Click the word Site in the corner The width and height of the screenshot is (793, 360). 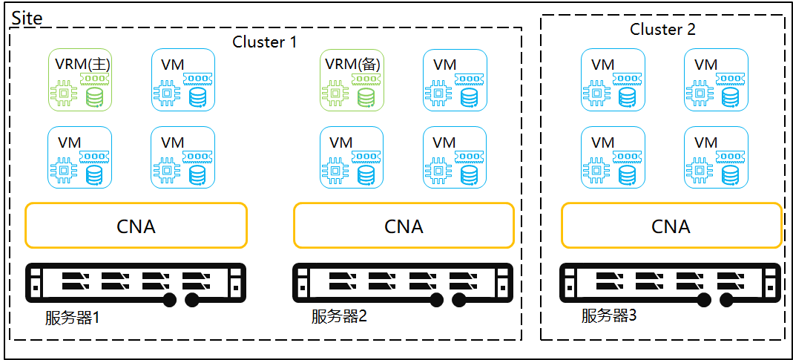(x=27, y=18)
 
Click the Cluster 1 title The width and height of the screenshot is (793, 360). (x=264, y=42)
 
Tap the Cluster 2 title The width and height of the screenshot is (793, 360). (x=662, y=30)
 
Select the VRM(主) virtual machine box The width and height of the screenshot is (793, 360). (x=80, y=80)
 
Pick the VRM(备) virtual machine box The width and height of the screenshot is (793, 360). (x=352, y=80)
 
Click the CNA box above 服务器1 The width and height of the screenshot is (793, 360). (x=136, y=226)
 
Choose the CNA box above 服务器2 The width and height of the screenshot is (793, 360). (x=404, y=226)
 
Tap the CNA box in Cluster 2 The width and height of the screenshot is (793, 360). (x=671, y=226)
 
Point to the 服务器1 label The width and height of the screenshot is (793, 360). (x=72, y=318)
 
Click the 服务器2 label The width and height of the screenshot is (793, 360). (x=339, y=317)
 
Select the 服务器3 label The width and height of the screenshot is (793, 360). (x=609, y=315)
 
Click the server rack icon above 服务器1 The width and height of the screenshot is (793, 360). (x=136, y=284)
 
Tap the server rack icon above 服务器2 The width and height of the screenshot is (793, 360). (x=404, y=284)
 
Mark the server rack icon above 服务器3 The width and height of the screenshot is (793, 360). (x=671, y=284)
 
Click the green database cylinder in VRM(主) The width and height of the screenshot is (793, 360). (x=94, y=97)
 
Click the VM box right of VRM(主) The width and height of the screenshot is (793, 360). (x=183, y=80)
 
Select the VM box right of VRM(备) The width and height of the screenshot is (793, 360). (x=455, y=80)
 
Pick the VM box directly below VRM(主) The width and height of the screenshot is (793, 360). (x=80, y=157)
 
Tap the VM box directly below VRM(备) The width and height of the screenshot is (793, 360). (x=352, y=157)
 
